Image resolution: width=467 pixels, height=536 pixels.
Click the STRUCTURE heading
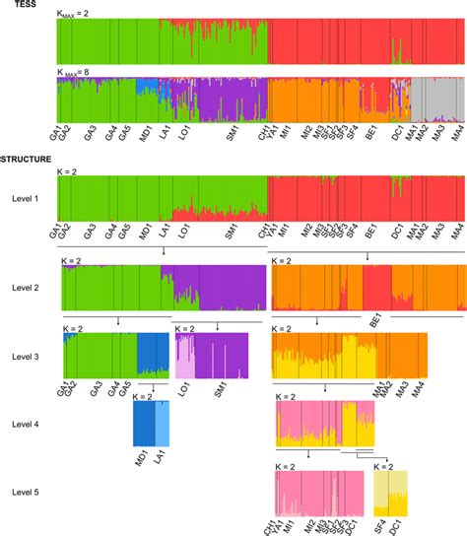pos(27,158)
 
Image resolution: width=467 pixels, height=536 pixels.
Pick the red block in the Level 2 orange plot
pos(376,290)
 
